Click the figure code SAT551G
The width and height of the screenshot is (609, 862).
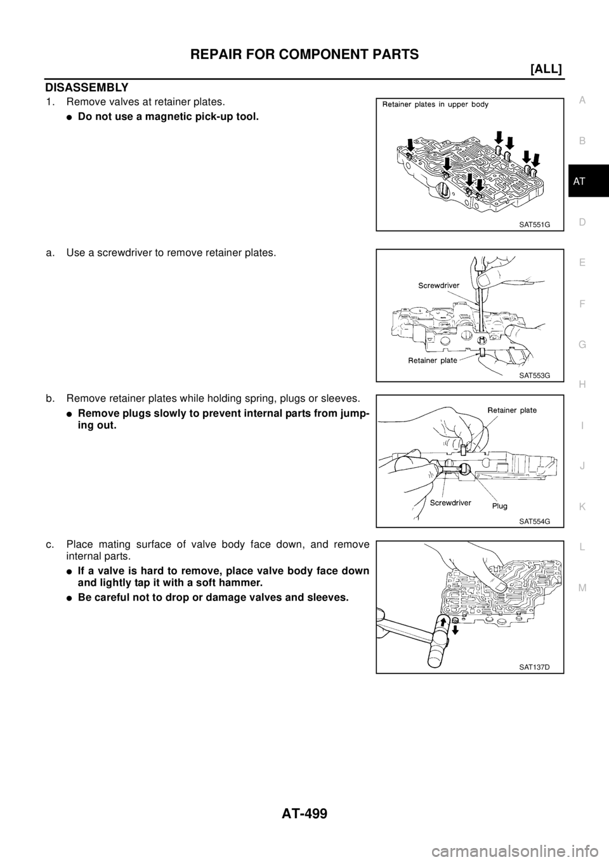pos(530,224)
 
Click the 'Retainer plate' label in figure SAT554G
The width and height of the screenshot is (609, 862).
pos(511,410)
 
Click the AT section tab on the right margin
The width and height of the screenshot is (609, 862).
pos(582,182)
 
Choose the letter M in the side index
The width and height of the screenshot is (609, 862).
pos(582,587)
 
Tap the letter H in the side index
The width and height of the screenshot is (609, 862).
pos(582,384)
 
